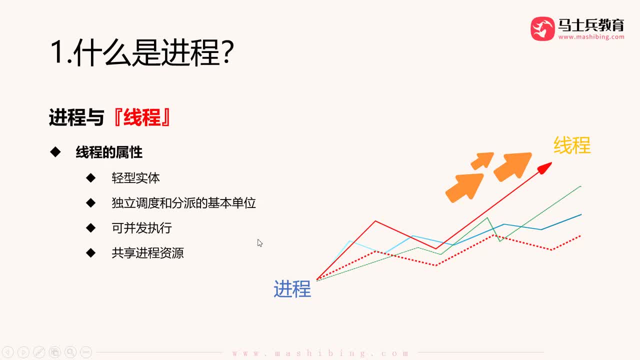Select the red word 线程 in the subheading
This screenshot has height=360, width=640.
click(x=141, y=118)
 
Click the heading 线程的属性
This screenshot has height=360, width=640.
click(x=109, y=152)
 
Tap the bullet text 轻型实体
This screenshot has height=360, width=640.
click(x=136, y=178)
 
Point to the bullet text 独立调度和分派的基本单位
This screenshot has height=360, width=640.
click(x=184, y=203)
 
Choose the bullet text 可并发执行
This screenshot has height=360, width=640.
click(x=142, y=228)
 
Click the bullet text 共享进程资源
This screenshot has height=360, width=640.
click(x=148, y=253)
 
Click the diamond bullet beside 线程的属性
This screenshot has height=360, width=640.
click(x=55, y=152)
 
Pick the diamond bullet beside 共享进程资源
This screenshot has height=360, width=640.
click(x=90, y=252)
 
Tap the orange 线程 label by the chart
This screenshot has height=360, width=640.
click(x=572, y=145)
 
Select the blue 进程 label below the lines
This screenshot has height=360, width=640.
click(x=292, y=289)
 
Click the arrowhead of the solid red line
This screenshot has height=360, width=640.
click(x=546, y=166)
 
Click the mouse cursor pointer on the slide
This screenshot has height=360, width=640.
click(x=259, y=243)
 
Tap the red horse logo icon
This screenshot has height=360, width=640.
click(x=542, y=28)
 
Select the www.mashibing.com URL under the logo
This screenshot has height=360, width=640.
click(x=591, y=37)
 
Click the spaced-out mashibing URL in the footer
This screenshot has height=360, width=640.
click(x=320, y=353)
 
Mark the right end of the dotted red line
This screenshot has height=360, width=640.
click(x=580, y=235)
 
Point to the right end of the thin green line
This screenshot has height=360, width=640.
click(x=580, y=186)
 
